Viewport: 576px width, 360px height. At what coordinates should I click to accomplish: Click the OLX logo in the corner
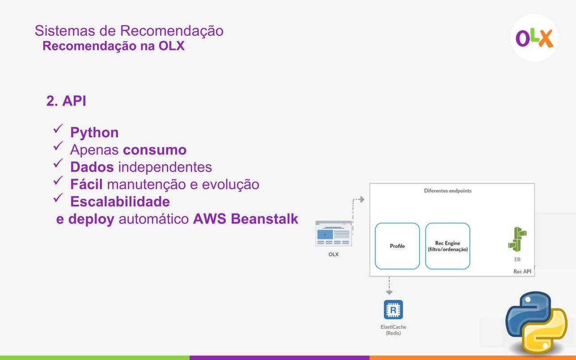534,38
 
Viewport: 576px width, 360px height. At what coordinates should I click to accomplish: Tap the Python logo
536,322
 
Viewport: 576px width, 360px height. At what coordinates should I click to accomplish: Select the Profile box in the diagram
397,246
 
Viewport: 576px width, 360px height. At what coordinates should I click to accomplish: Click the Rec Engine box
448,246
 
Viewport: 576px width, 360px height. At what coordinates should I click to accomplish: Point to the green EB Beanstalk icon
517,239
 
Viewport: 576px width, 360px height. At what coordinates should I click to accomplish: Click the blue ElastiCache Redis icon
394,309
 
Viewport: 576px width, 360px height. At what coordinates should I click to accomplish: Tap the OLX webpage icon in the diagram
334,233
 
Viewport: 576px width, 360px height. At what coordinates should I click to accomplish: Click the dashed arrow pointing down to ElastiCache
390,286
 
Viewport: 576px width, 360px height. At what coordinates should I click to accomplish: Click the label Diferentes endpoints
448,191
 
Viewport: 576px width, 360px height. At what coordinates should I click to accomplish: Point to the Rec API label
522,271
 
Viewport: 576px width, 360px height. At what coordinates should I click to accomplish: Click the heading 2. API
66,101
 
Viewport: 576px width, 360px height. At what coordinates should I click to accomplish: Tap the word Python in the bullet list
94,133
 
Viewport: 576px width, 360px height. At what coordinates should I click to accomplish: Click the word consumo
155,150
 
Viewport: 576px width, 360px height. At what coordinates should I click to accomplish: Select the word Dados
92,167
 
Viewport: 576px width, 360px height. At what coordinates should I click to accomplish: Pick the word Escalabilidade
120,202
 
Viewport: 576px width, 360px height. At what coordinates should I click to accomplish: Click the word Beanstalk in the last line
264,219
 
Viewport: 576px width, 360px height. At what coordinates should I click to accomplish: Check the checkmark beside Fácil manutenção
58,180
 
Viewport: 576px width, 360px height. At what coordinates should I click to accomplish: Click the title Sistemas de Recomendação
129,30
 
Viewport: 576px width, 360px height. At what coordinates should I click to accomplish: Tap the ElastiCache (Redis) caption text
394,330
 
